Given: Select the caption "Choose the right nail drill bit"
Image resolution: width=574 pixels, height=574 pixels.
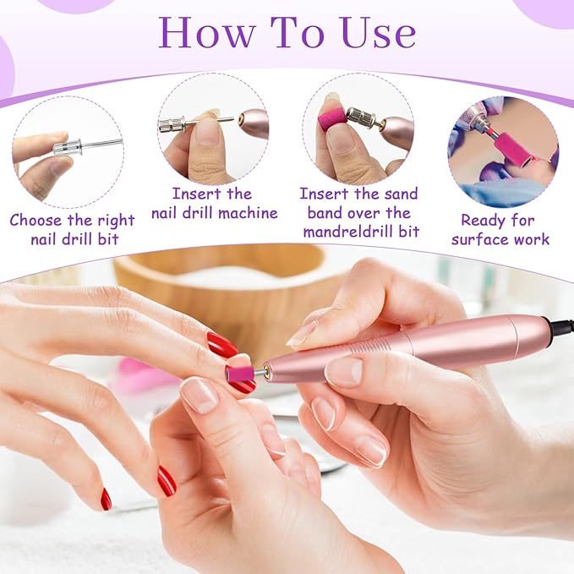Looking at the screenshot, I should click(72, 229).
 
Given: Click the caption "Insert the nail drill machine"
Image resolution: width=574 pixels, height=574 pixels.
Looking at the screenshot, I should click(214, 204).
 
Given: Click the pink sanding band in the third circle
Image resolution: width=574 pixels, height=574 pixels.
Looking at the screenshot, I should click(334, 118).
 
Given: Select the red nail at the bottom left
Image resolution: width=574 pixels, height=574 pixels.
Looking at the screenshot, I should click(106, 500).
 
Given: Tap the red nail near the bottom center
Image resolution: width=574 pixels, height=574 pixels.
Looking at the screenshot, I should click(167, 481).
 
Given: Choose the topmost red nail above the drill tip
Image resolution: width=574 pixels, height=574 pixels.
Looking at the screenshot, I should click(222, 344).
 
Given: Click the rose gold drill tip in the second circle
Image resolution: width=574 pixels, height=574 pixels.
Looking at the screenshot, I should click(252, 123).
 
